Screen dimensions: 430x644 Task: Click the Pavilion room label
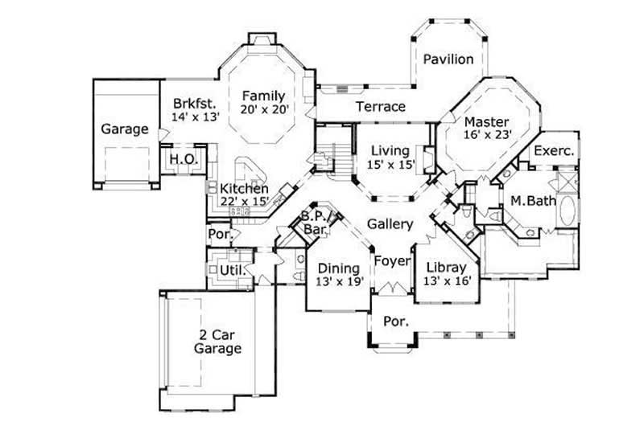[448, 59]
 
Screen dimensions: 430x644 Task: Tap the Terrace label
[381, 106]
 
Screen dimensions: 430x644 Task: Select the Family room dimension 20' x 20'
[265, 109]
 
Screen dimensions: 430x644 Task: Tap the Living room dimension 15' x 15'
[391, 165]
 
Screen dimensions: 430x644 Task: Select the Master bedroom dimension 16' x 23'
[488, 135]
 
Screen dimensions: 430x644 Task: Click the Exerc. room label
[554, 150]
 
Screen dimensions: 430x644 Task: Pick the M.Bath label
[533, 201]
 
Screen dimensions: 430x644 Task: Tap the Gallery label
[390, 224]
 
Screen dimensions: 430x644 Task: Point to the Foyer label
[391, 261]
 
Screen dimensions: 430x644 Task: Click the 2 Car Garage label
[217, 342]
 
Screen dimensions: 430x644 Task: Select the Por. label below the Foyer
[394, 321]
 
